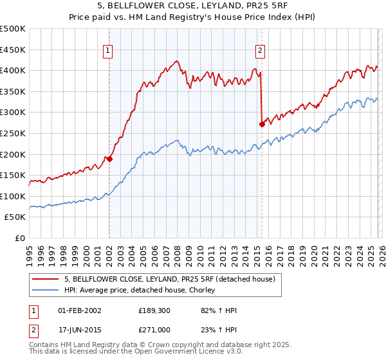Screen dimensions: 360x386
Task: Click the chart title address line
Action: (x=193, y=6)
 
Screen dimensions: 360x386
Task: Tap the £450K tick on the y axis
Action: (x=13, y=50)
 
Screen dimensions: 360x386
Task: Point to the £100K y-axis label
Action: (x=13, y=196)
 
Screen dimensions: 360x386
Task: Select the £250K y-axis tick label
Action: (x=13, y=133)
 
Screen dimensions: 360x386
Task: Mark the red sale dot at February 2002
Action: (x=109, y=159)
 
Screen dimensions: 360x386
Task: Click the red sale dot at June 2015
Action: (x=262, y=125)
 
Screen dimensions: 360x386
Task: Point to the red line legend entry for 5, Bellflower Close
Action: (x=170, y=278)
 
